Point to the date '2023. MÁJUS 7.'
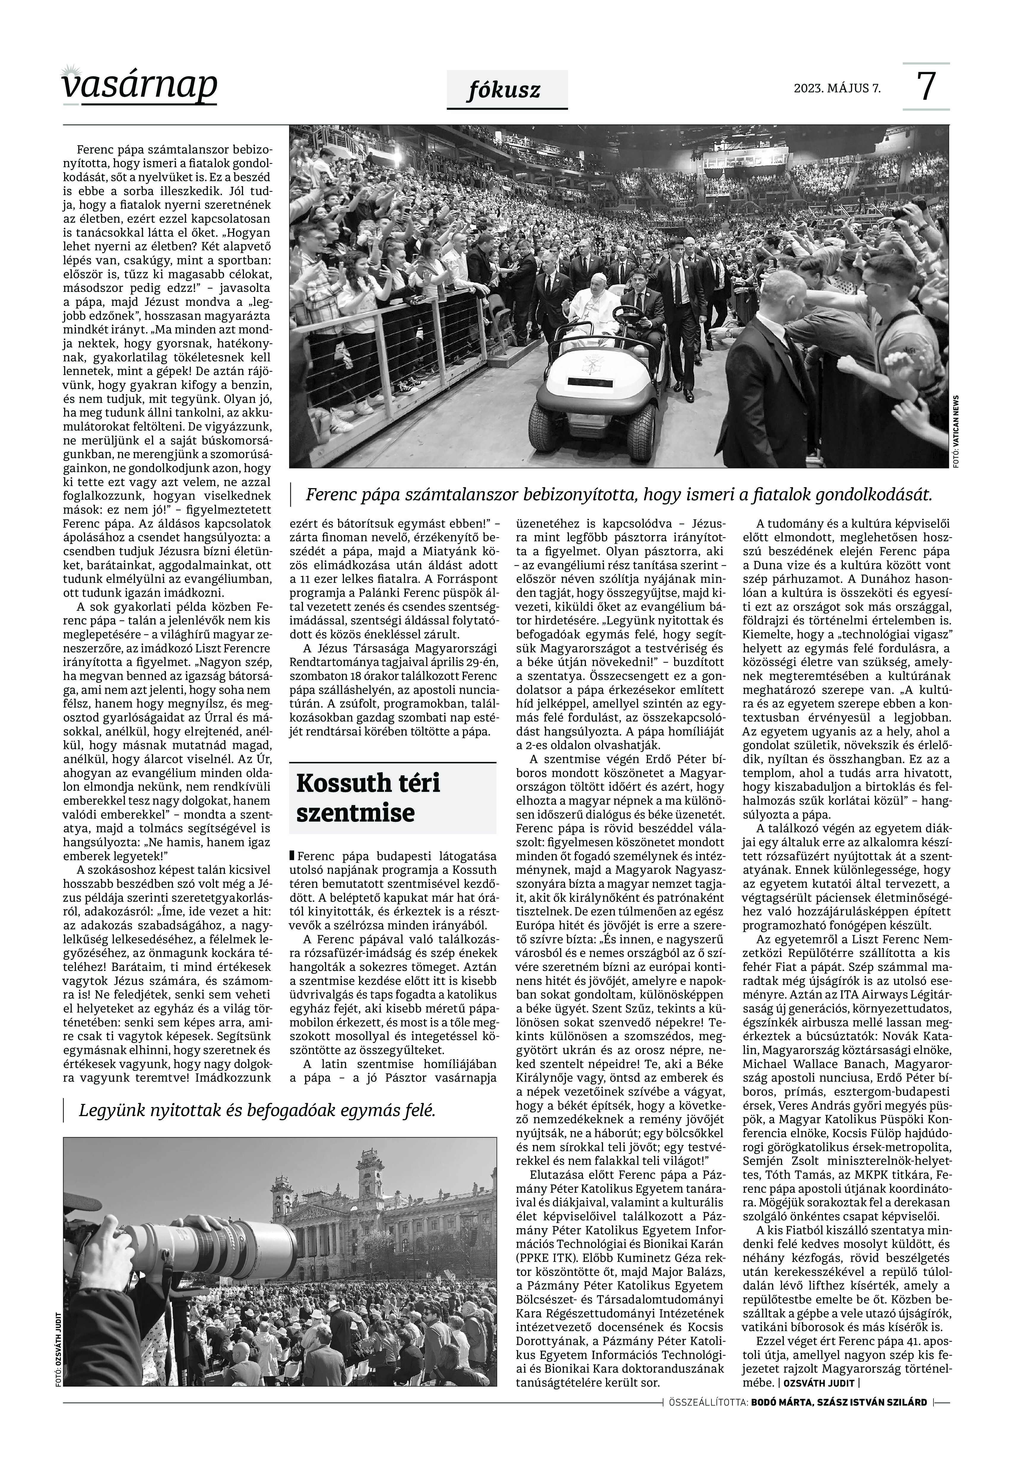coord(837,88)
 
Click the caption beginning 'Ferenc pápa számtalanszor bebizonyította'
coord(619,495)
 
